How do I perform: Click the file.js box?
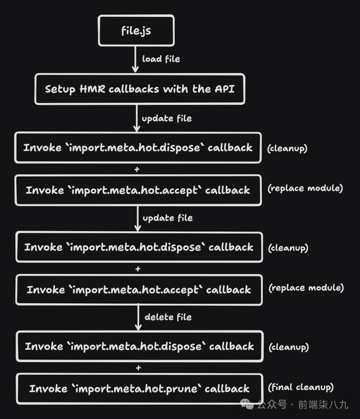[x=136, y=30]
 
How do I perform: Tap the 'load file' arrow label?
[x=161, y=59]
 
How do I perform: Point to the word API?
[x=225, y=89]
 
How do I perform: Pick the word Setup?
[x=60, y=89]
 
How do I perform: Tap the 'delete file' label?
[x=168, y=317]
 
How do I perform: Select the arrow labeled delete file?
[x=138, y=317]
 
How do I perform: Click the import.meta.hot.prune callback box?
[x=140, y=389]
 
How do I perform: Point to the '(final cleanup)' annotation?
[x=301, y=387]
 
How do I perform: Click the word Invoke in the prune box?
[x=48, y=389]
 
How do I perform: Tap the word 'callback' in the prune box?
[x=227, y=389]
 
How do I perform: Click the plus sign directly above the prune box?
[x=138, y=368]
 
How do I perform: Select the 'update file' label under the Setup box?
[x=167, y=118]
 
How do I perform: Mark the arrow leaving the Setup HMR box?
[x=136, y=118]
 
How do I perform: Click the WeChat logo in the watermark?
[x=247, y=404]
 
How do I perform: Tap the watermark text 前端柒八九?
[x=323, y=405]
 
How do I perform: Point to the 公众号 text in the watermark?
[x=272, y=405]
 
